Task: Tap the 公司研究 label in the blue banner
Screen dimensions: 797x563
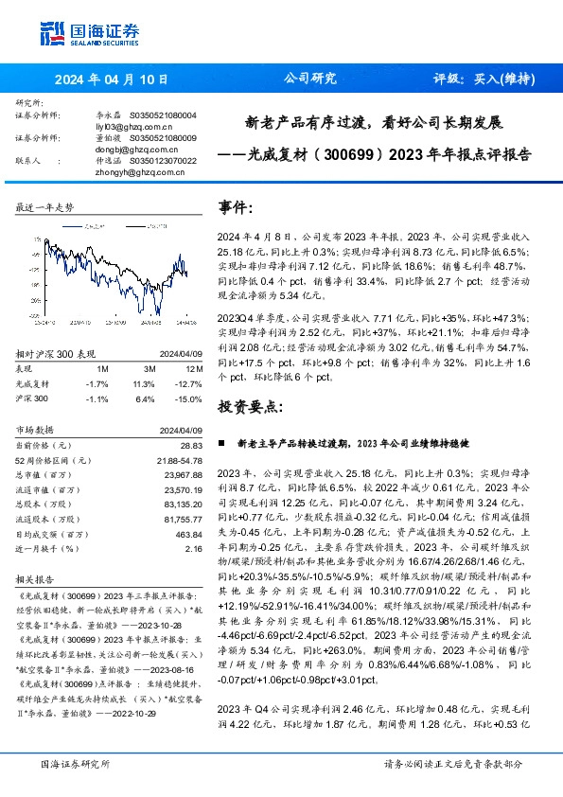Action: (309, 80)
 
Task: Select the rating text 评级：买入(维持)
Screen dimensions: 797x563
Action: (486, 80)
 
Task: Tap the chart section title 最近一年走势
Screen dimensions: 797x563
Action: (44, 206)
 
